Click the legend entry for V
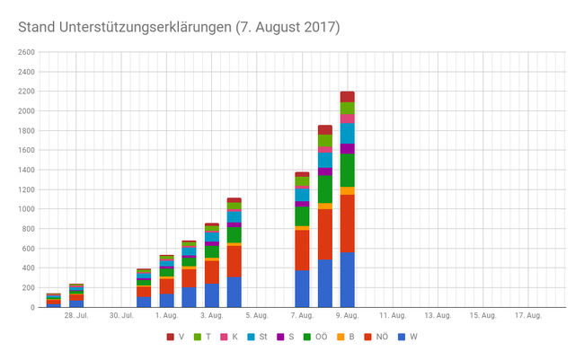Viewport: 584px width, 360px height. click(177, 338)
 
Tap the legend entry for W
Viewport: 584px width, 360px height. click(409, 338)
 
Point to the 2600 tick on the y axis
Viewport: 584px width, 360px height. click(25, 53)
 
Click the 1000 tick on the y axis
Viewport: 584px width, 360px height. click(25, 209)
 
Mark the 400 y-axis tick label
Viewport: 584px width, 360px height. click(27, 268)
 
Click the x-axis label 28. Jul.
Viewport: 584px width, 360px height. click(75, 316)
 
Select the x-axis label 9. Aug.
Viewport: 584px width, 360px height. click(347, 316)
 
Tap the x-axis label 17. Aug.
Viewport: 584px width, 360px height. click(528, 316)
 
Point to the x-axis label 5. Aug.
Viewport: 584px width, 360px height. click(256, 316)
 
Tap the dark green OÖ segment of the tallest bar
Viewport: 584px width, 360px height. click(347, 170)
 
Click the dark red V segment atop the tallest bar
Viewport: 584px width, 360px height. click(347, 97)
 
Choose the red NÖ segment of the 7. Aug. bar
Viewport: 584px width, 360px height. click(302, 250)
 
